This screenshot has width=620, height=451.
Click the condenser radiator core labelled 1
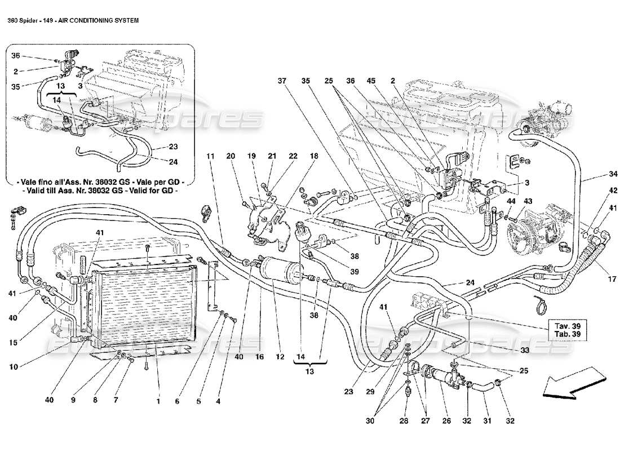point(144,304)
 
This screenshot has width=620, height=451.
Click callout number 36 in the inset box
point(16,55)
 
